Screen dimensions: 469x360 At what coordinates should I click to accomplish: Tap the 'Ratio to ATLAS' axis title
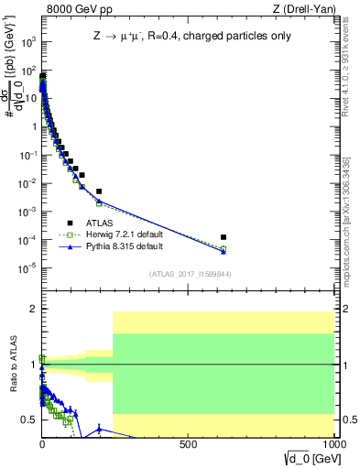point(13,364)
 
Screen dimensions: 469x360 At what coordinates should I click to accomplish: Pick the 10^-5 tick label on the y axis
point(28,267)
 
